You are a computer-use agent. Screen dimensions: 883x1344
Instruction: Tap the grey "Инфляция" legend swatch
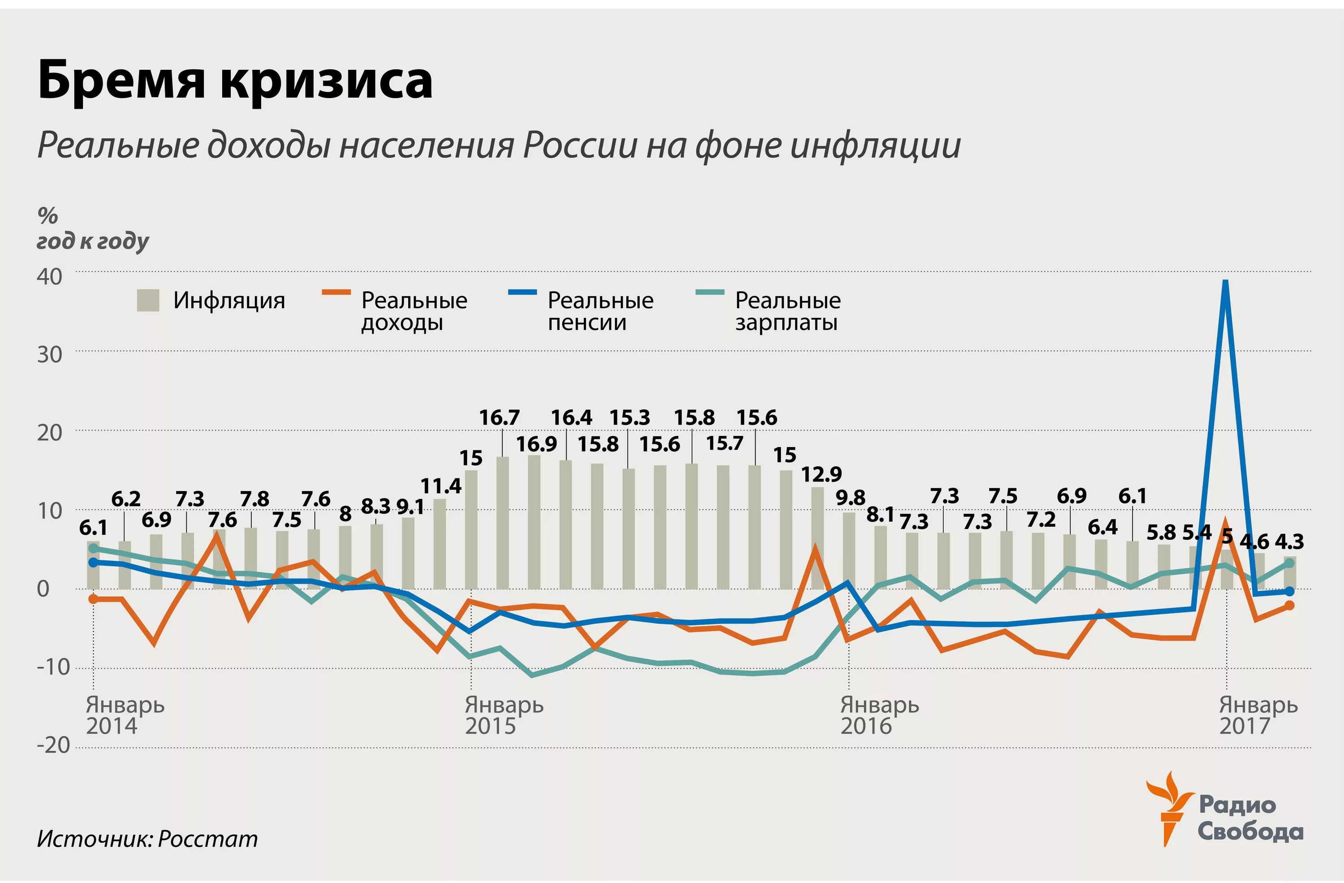(x=148, y=300)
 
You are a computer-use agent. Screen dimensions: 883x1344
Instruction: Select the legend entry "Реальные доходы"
(x=414, y=311)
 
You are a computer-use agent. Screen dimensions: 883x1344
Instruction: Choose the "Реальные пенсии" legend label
(x=600, y=311)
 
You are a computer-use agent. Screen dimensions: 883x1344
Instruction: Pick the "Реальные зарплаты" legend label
(x=787, y=311)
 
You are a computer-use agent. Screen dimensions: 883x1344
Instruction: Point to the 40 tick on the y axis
(x=50, y=277)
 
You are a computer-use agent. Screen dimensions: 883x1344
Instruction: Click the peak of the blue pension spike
(x=1225, y=282)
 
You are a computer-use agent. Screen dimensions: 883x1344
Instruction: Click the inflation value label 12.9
(x=821, y=474)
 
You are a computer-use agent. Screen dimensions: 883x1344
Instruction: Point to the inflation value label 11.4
(x=440, y=486)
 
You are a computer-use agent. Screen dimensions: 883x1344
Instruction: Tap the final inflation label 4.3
(x=1290, y=542)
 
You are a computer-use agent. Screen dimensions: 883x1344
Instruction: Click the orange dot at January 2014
(x=94, y=599)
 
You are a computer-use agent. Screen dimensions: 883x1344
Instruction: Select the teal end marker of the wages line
(x=1290, y=563)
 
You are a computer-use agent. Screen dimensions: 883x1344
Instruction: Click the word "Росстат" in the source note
(x=207, y=839)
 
